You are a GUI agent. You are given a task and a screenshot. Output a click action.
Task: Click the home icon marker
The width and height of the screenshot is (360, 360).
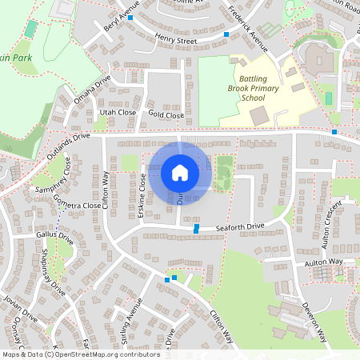180,172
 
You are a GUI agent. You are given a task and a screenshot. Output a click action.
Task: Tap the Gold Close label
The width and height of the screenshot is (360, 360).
166,116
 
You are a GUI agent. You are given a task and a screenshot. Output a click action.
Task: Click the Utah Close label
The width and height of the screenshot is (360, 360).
116,114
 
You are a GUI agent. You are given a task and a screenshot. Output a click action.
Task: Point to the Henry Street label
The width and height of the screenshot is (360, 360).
176,38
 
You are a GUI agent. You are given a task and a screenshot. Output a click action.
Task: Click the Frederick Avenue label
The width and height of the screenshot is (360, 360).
247,25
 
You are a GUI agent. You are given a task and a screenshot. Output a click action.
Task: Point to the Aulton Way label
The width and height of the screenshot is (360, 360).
323,262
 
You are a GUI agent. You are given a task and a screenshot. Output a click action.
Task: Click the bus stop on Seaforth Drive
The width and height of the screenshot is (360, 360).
197,229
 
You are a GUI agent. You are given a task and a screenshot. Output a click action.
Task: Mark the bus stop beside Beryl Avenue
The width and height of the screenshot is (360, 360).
130,16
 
